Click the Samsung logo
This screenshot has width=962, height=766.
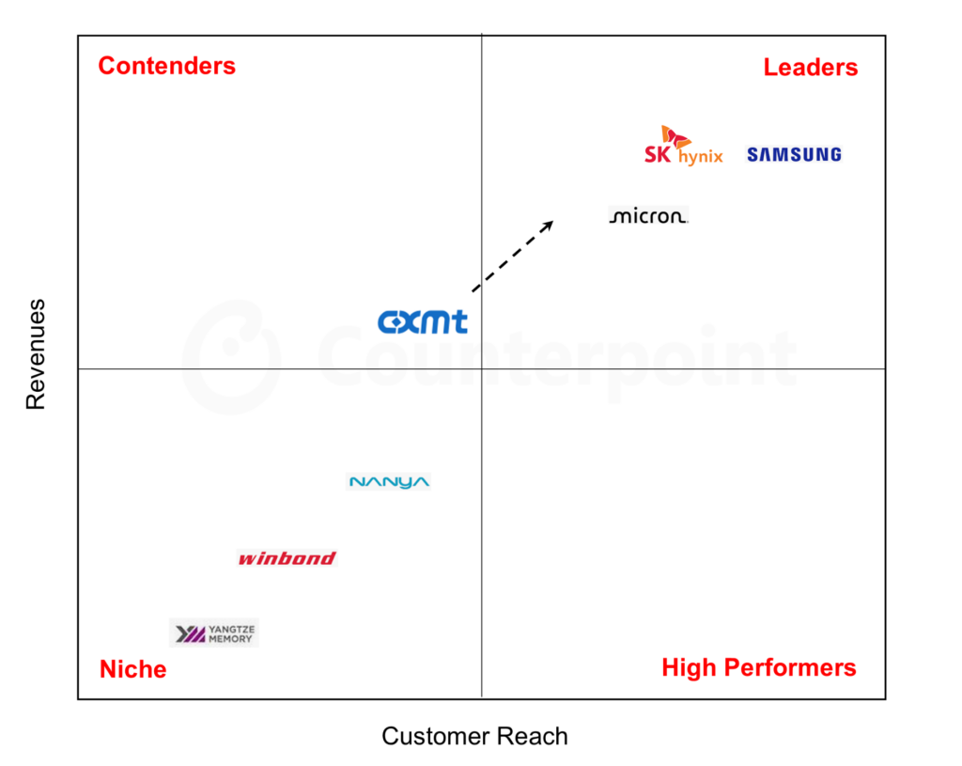point(794,155)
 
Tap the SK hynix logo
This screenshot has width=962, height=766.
point(684,146)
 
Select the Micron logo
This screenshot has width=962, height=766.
point(648,216)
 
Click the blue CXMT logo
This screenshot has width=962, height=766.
point(423,321)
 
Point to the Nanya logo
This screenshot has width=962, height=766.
point(389,482)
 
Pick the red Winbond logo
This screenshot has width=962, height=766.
point(287,558)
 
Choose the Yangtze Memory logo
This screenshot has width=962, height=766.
point(214,633)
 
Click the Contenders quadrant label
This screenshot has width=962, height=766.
point(167,66)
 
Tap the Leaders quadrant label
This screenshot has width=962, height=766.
point(811,68)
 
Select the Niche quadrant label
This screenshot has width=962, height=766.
point(133,669)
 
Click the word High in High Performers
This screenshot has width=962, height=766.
point(689,668)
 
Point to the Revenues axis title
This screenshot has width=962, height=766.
point(36,354)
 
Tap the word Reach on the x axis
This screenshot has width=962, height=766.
point(532,736)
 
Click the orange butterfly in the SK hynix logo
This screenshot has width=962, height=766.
point(675,136)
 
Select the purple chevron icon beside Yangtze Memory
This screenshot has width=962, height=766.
point(191,633)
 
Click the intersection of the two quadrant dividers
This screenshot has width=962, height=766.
point(482,368)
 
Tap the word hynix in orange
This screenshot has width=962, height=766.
point(701,157)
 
